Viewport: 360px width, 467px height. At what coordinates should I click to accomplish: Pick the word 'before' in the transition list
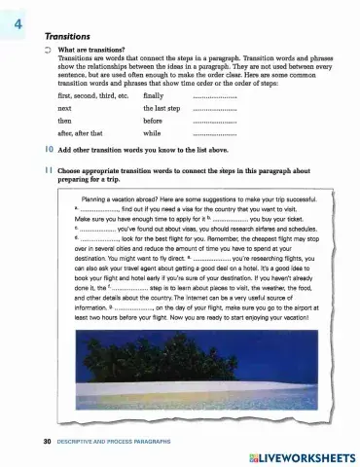(155, 151)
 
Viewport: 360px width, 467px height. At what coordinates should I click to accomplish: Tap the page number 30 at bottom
(34, 441)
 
